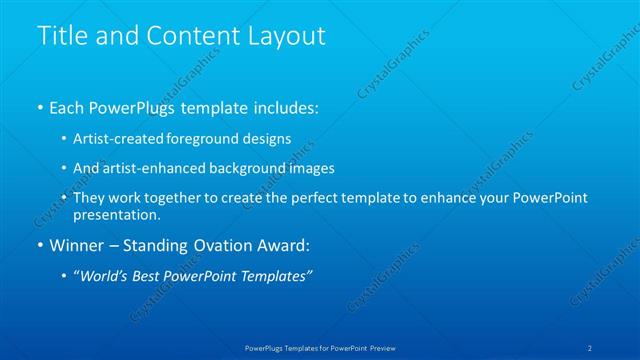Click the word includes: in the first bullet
[284, 107]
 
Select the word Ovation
[226, 245]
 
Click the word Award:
[282, 245]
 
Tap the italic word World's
[104, 276]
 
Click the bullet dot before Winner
[39, 245]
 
